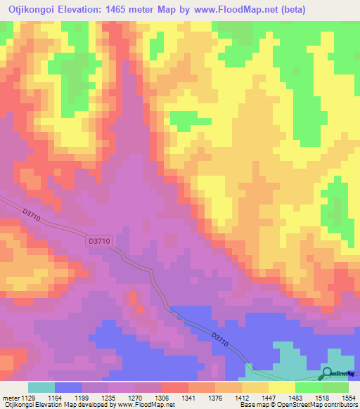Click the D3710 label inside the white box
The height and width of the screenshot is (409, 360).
coord(98,241)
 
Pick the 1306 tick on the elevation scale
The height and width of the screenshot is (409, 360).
coord(162,397)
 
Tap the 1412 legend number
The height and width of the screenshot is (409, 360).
coord(242,397)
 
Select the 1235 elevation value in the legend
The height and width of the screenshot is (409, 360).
coord(108,397)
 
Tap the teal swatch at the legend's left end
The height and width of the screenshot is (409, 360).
coord(41,387)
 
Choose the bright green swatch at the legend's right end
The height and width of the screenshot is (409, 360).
coord(335,387)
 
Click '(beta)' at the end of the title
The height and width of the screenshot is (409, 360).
coord(290,11)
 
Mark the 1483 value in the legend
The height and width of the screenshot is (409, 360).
coord(295,397)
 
